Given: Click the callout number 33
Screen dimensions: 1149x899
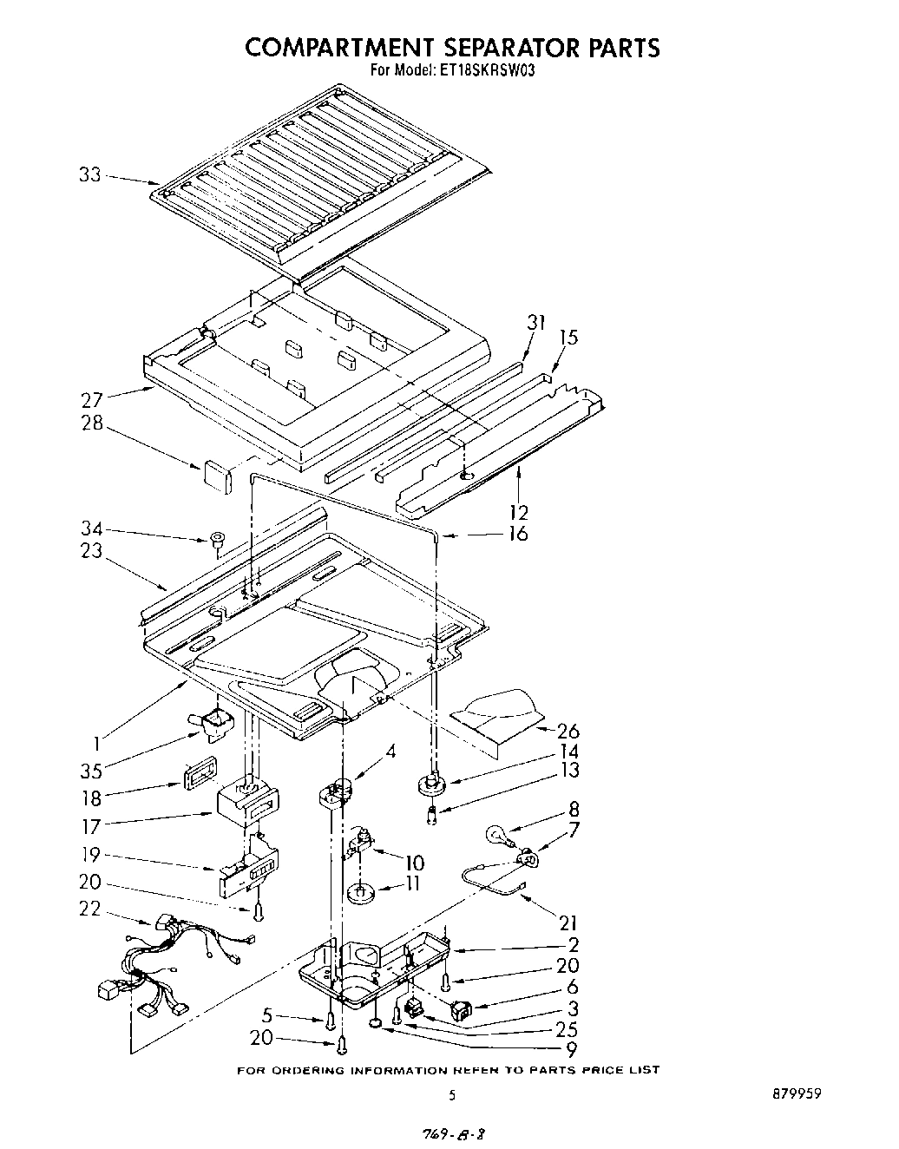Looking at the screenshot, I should click(90, 174).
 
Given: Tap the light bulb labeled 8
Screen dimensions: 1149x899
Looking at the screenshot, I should click(500, 836).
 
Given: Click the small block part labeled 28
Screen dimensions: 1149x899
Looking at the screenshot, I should click(216, 476).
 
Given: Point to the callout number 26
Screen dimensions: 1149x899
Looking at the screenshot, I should click(568, 731).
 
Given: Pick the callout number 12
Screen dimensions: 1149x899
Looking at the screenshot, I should click(519, 512).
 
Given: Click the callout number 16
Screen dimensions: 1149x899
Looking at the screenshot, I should click(517, 533).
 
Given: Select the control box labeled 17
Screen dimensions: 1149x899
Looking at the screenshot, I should click(246, 804).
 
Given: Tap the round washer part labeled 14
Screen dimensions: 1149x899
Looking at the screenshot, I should click(431, 785).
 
